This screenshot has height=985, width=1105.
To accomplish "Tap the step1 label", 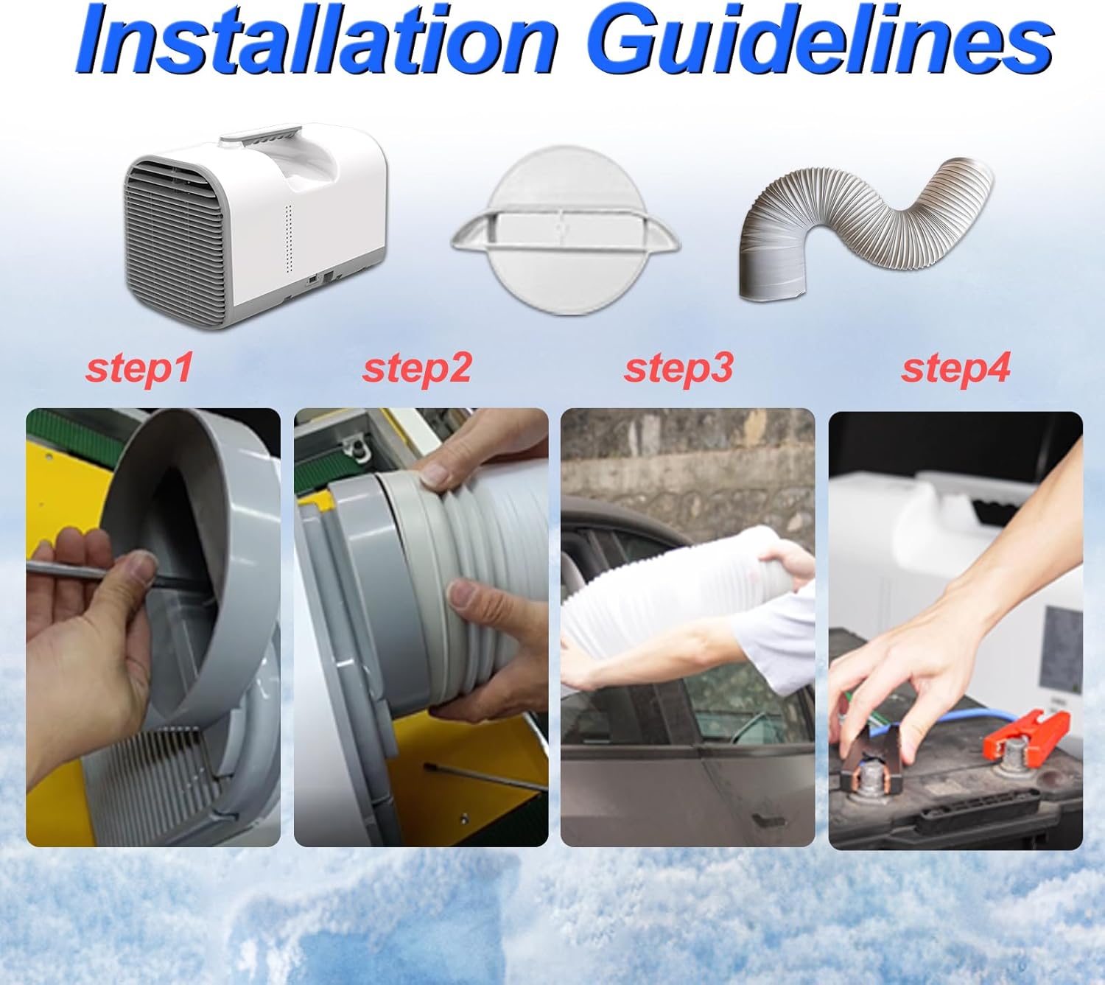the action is (139, 368).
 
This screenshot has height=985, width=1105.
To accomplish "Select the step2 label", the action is (417, 368).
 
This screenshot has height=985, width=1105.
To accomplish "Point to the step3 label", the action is (678, 368).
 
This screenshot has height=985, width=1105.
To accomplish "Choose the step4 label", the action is (955, 368).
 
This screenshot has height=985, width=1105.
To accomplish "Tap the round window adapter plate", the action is (565, 230).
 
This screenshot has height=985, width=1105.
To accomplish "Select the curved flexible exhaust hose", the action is (865, 229).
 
